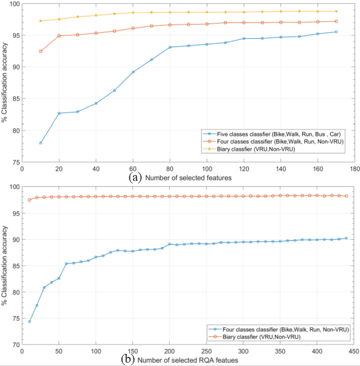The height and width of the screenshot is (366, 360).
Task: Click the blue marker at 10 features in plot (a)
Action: [x=40, y=143]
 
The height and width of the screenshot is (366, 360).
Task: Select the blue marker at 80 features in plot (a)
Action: [x=170, y=47]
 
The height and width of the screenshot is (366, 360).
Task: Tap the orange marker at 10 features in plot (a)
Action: [x=40, y=51]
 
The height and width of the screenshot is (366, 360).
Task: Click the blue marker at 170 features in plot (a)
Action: [x=336, y=32]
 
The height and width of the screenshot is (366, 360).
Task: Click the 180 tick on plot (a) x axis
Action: [x=354, y=168]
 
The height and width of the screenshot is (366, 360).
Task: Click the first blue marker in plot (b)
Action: [x=29, y=322]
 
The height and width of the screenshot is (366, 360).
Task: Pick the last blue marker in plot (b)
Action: [x=346, y=238]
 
